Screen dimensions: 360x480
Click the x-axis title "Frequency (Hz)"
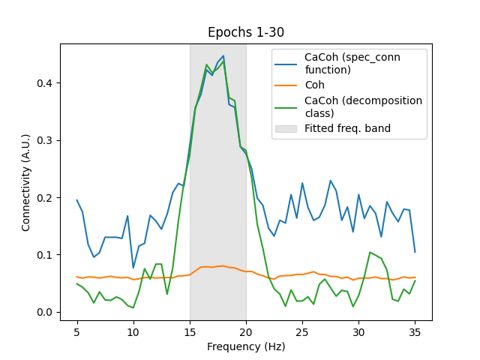tap(246, 348)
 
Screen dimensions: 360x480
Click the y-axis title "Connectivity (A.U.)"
tap(26, 182)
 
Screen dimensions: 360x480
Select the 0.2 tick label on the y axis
tap(46, 197)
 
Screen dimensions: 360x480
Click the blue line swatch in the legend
tap(286, 58)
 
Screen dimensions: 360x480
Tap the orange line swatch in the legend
tap(286, 85)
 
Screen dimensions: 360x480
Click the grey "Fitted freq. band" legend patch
tap(286, 128)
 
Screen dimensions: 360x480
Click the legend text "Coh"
tap(314, 85)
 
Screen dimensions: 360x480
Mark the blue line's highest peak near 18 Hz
tap(223, 55)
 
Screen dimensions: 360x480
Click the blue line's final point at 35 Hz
tap(415, 252)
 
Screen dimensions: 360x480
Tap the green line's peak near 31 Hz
tap(370, 252)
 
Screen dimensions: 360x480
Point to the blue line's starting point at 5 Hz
tap(77, 200)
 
